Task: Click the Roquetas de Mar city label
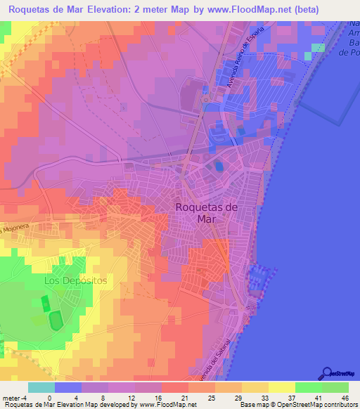tap(206, 212)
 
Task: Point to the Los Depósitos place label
tap(75, 280)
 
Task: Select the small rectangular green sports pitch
tap(46, 304)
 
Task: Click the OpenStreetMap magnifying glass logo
tap(328, 372)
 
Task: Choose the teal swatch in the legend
tap(41, 387)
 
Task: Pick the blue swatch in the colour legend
tap(68, 387)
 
